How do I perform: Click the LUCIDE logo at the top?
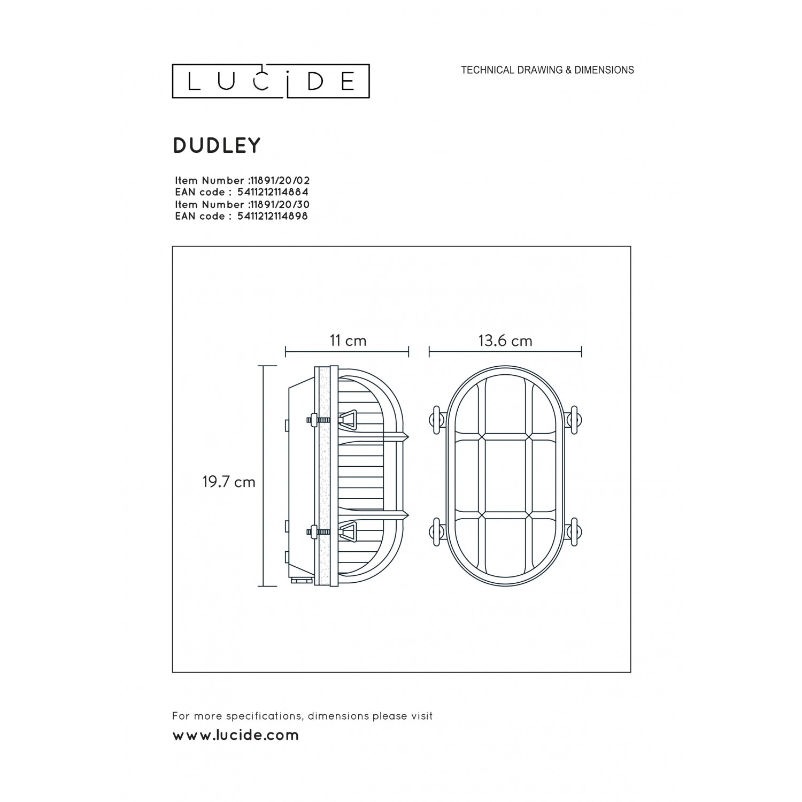271,81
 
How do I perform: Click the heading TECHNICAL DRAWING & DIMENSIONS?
547,70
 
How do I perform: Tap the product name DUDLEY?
217,145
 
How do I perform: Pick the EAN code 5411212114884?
272,192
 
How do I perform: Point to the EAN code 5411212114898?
272,217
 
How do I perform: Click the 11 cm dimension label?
348,341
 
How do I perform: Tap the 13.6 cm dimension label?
505,341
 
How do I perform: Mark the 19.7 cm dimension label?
229,482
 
